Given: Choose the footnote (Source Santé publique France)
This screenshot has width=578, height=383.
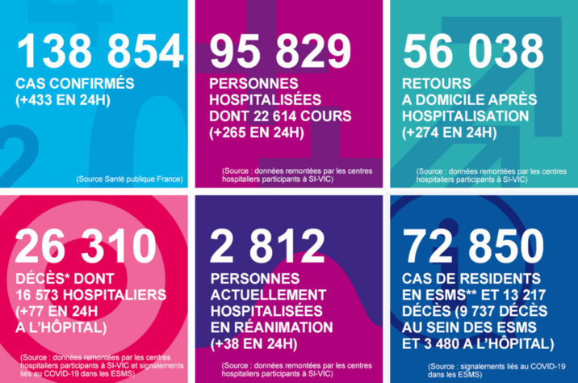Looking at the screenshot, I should pos(129,178).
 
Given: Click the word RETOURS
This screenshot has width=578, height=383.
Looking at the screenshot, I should pos(436,84).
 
